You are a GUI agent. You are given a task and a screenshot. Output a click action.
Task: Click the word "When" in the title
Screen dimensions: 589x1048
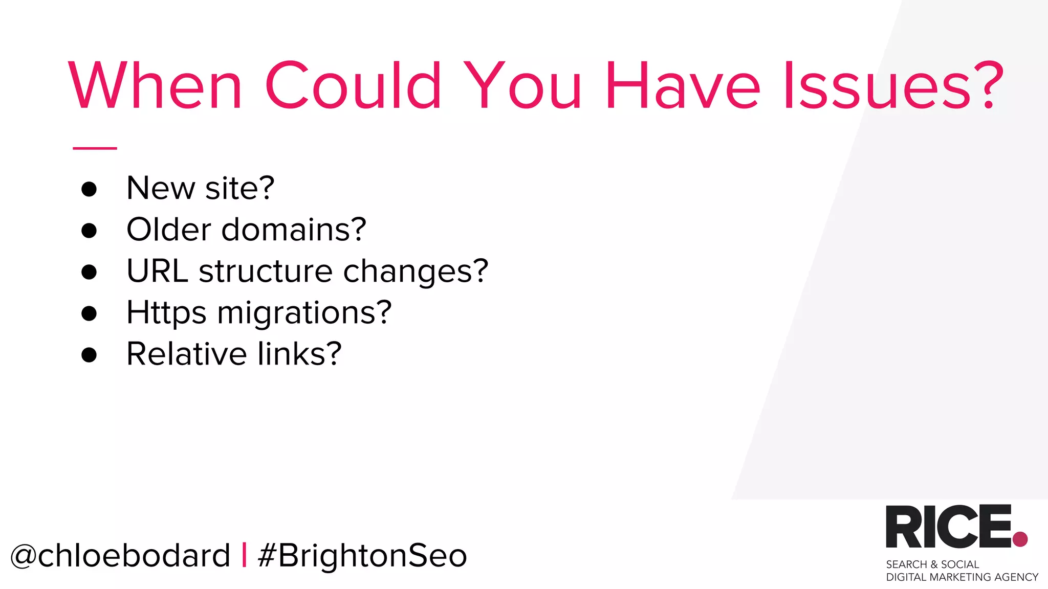(155, 85)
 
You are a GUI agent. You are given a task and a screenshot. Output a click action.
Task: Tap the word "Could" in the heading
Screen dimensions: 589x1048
(353, 85)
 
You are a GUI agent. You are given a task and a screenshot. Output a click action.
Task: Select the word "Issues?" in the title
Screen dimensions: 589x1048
(893, 85)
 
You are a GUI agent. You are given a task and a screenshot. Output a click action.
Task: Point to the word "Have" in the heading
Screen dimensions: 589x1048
(683, 85)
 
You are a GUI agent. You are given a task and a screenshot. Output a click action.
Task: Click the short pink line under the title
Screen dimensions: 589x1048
(95, 148)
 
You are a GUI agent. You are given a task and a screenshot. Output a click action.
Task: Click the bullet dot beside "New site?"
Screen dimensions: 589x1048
(89, 189)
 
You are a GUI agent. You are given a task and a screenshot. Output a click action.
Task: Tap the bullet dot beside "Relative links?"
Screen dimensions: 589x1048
(89, 354)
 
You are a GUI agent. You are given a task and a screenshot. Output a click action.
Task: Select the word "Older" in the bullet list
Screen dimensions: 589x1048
(168, 229)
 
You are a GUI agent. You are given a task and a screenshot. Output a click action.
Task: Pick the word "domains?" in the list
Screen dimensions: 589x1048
(294, 229)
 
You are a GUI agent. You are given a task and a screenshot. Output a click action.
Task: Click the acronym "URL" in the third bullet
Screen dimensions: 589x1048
(157, 270)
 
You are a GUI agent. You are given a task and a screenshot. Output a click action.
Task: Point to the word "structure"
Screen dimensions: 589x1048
(266, 270)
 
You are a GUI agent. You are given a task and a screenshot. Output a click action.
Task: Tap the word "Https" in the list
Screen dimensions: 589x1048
(166, 313)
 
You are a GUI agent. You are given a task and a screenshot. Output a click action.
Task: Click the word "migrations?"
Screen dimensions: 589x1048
(304, 313)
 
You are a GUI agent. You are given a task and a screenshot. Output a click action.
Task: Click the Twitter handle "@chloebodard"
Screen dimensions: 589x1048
(120, 556)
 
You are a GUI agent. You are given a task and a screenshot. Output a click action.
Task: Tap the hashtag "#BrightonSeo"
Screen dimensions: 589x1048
(362, 556)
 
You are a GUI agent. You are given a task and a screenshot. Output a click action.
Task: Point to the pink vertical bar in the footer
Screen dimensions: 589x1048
(244, 555)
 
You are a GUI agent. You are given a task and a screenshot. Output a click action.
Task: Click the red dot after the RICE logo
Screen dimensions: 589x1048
(1020, 539)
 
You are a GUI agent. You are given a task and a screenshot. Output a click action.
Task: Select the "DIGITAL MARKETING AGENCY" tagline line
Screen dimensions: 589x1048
(962, 577)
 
